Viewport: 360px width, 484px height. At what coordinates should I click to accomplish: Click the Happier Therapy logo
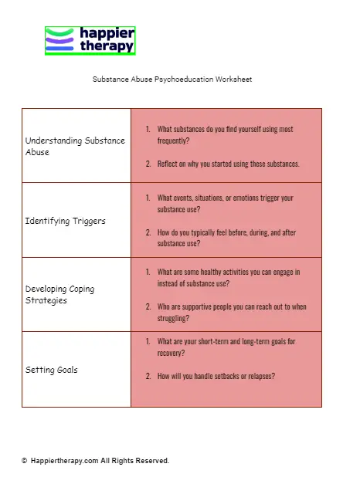(90, 40)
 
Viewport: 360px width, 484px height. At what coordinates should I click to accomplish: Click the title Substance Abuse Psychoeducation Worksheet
(172, 79)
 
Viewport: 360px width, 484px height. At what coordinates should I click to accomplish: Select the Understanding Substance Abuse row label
(75, 146)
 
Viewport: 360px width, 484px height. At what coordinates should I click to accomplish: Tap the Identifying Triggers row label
(65, 221)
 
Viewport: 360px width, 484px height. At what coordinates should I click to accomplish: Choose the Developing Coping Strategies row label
(59, 294)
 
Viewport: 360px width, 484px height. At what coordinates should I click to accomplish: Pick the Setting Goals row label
(51, 370)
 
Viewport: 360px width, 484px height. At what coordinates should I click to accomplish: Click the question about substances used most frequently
(225, 135)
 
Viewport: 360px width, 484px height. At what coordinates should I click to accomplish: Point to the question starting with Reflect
(228, 164)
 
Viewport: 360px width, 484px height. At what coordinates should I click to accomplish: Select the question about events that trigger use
(225, 203)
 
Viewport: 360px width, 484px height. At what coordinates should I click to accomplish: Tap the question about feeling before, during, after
(226, 238)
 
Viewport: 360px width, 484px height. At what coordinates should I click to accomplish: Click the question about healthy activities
(228, 277)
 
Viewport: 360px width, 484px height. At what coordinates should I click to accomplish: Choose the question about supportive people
(231, 312)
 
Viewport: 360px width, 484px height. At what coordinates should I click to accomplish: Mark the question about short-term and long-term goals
(226, 347)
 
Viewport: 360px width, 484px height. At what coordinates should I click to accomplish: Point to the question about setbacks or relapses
(216, 376)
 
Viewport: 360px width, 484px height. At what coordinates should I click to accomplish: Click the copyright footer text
(95, 461)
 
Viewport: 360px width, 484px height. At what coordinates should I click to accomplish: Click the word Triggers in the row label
(87, 221)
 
